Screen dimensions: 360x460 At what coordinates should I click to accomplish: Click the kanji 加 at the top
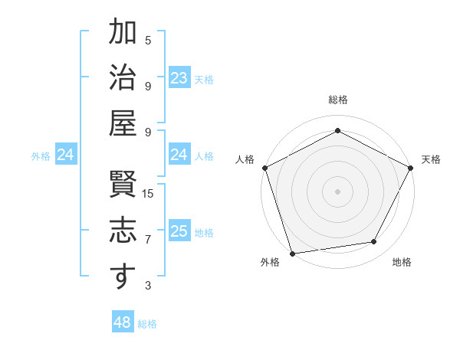[x=122, y=34]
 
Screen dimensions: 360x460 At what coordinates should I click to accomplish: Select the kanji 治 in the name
[x=122, y=80]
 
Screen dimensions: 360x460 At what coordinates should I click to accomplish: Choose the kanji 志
[x=122, y=233]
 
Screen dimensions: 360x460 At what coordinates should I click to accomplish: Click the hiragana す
[x=122, y=277]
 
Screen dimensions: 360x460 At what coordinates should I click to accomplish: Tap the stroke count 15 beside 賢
[x=149, y=193]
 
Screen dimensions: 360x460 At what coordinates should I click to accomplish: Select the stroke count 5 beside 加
[x=148, y=39]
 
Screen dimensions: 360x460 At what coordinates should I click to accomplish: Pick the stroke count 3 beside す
[x=148, y=286]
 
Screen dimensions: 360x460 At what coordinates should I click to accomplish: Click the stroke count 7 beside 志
[x=148, y=240]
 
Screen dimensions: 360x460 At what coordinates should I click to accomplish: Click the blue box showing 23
[x=179, y=78]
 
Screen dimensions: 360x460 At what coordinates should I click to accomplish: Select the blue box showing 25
[x=179, y=232]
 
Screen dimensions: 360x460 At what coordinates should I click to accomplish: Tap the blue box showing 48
[x=123, y=322]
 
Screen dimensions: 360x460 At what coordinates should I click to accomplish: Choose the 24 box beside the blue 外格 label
[x=66, y=155]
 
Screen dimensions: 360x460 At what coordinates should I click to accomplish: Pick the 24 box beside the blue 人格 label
[x=179, y=155]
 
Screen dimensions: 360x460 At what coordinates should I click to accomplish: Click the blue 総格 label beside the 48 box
[x=147, y=324]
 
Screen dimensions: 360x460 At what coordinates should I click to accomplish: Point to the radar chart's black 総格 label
[x=338, y=100]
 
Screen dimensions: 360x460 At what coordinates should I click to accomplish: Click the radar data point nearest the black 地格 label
[x=374, y=242]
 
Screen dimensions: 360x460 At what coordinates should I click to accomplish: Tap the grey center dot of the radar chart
[x=337, y=191]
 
